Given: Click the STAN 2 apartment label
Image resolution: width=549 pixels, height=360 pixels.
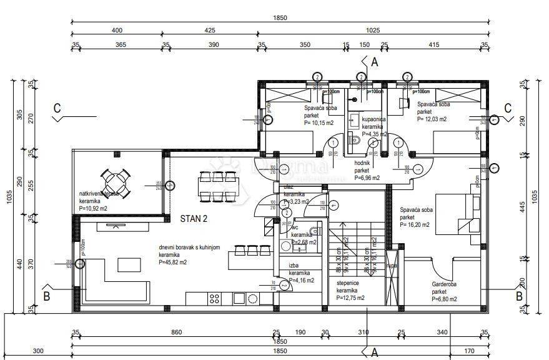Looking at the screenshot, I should tap(194, 219).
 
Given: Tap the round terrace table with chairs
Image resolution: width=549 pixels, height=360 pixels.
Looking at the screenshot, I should tap(116, 182).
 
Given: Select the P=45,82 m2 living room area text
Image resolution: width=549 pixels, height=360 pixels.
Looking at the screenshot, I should tap(173, 262).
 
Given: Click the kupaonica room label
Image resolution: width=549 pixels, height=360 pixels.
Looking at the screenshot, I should tap(367, 118).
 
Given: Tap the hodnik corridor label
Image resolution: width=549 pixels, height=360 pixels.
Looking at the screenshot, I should tap(362, 162).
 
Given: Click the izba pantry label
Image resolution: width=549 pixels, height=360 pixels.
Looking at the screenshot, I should tap(293, 266).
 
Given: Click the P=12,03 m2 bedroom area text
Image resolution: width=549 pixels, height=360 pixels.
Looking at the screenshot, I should tap(433, 118).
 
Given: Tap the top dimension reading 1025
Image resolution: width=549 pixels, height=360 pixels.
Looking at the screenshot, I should tap(373, 29).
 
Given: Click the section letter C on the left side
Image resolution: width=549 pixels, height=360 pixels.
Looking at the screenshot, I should tap(57, 107).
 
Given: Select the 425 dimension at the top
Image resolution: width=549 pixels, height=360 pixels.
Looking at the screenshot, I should tap(209, 29).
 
